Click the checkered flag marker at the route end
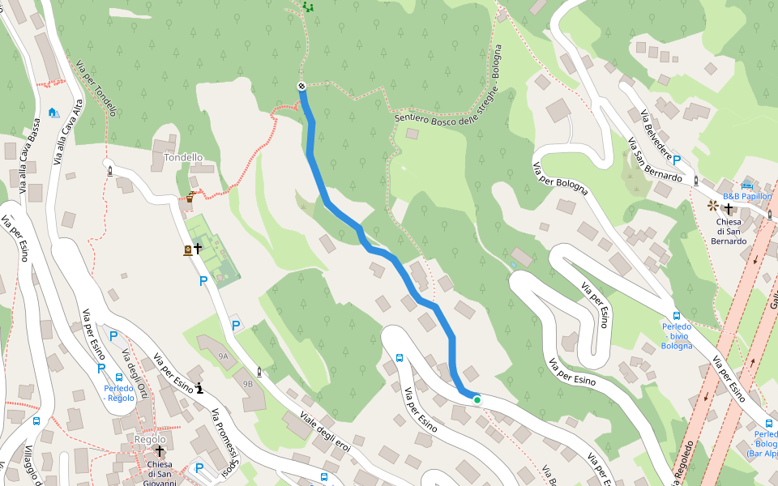301,86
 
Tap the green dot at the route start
477,399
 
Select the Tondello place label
183,157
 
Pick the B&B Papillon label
746,196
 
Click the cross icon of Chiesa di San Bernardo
728,208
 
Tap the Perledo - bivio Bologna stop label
676,335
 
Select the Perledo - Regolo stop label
119,392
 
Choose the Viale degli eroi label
325,434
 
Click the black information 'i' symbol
199,388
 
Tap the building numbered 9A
223,355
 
